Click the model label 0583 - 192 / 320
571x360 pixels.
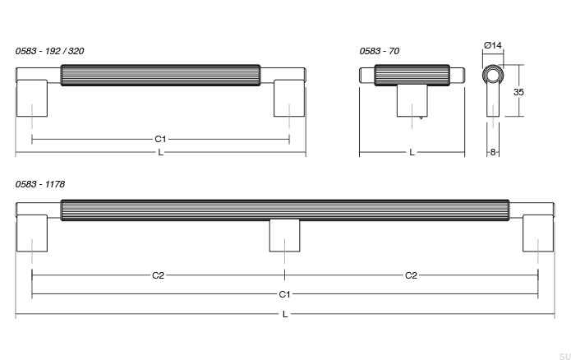(x=49, y=51)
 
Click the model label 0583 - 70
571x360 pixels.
(x=379, y=51)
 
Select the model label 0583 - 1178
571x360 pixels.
(x=40, y=185)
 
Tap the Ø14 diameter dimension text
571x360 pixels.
(x=493, y=44)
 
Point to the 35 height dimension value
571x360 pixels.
(x=518, y=93)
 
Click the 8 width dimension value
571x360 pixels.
(x=492, y=152)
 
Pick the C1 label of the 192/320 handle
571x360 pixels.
(x=160, y=140)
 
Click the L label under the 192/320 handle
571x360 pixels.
(x=160, y=153)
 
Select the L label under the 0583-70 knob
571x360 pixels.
(x=412, y=153)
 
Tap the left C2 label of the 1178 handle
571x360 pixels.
(x=158, y=275)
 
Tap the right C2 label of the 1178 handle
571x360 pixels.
(x=411, y=275)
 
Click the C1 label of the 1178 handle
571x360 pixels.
(x=284, y=293)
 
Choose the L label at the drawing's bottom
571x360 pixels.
(x=284, y=314)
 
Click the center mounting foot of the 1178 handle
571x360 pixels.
(x=284, y=236)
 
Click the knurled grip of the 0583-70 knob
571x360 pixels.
(x=412, y=75)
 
